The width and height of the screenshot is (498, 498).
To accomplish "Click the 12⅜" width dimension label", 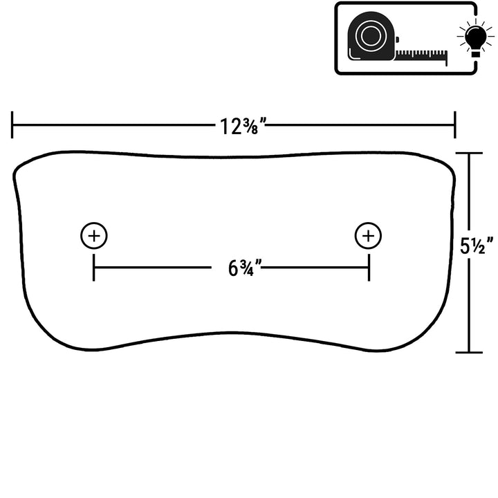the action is tap(243, 127).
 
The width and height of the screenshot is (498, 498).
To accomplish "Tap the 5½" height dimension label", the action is tap(477, 245).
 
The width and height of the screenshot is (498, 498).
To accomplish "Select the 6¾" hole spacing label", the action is tap(245, 268).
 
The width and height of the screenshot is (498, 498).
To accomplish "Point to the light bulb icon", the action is tap(475, 38).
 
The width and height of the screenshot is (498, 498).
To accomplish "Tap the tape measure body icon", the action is tap(371, 36).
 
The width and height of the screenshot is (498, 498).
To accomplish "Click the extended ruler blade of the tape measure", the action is tap(421, 55).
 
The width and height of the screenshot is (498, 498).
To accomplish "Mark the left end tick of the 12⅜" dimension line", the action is tap(12, 124).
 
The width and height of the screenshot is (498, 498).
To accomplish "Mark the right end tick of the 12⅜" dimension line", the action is tap(455, 124).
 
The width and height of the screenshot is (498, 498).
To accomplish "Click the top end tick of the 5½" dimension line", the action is tap(469, 153).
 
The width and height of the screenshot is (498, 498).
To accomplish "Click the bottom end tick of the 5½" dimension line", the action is tap(469, 352).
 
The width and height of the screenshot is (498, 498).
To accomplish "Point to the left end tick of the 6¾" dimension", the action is tap(93, 268).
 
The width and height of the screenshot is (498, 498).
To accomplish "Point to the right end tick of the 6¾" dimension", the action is tap(369, 268).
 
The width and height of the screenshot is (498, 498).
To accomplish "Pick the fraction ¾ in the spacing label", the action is tap(246, 268).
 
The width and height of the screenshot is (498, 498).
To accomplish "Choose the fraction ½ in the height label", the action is tap(479, 245).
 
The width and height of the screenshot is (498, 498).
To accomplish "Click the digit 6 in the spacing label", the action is tap(233, 268).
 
